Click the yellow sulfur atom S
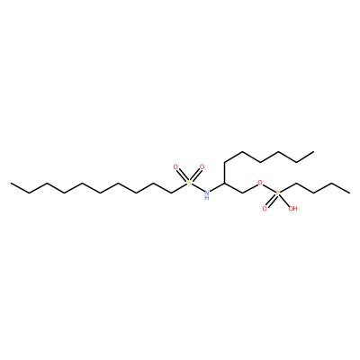(x=188, y=183)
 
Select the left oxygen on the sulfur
(x=175, y=166)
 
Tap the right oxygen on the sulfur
(x=202, y=166)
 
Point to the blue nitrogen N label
(x=206, y=192)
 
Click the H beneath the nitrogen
(x=206, y=197)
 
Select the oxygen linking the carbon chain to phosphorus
(x=260, y=183)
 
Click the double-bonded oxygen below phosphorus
(x=265, y=208)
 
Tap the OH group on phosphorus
(x=292, y=208)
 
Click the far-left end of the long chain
(x=12, y=183)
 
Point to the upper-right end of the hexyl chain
(x=314, y=152)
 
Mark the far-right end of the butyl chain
(x=349, y=193)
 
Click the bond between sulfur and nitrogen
(x=197, y=187)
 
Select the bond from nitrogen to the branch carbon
(x=217, y=187)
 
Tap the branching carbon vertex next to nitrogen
(x=225, y=183)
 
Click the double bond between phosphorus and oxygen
(x=271, y=201)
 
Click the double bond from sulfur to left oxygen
(x=182, y=175)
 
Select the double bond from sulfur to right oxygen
(x=195, y=175)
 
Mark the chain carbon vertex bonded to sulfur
(x=172, y=193)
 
